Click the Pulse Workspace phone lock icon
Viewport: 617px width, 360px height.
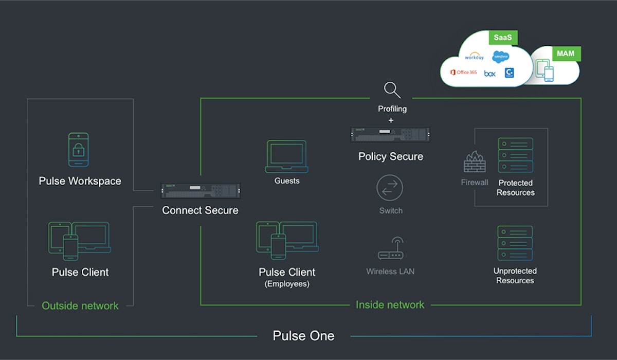pyautogui.click(x=79, y=150)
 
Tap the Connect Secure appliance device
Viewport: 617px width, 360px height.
pyautogui.click(x=200, y=191)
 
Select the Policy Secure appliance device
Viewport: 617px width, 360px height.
pyautogui.click(x=390, y=134)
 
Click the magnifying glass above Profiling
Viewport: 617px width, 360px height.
pyautogui.click(x=392, y=90)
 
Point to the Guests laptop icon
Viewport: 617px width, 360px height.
pyautogui.click(x=286, y=156)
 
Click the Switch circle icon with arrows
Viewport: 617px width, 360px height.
pyautogui.click(x=390, y=188)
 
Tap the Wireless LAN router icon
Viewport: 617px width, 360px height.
pyautogui.click(x=390, y=249)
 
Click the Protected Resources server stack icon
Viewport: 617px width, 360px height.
pyautogui.click(x=515, y=155)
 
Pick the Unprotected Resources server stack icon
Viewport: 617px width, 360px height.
pyautogui.click(x=515, y=243)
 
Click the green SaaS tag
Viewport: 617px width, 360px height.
pyautogui.click(x=502, y=38)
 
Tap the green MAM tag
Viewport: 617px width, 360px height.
pyautogui.click(x=566, y=53)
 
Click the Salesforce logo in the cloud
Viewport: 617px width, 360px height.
pyautogui.click(x=500, y=57)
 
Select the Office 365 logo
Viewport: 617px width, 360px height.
pyautogui.click(x=463, y=73)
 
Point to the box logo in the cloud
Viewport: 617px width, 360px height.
pyautogui.click(x=489, y=74)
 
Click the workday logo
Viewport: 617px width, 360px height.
pyautogui.click(x=474, y=56)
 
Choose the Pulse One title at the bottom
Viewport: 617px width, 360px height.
pyautogui.click(x=303, y=336)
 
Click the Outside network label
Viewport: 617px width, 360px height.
pyautogui.click(x=80, y=305)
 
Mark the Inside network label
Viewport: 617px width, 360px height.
pyautogui.click(x=390, y=304)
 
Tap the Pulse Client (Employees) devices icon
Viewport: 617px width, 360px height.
pyautogui.click(x=287, y=240)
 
